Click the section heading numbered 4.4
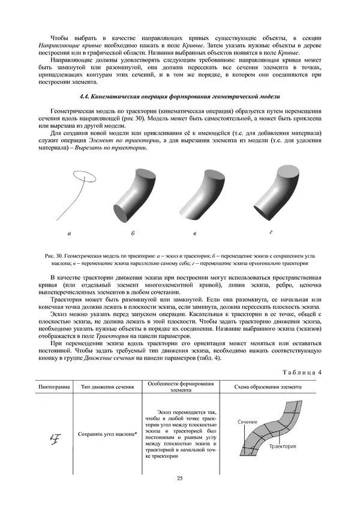coord(179,97)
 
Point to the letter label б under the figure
coord(133,232)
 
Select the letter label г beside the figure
coord(271,231)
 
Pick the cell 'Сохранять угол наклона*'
coord(108,433)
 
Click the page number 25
coord(179,478)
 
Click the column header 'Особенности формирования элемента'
coord(180,386)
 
